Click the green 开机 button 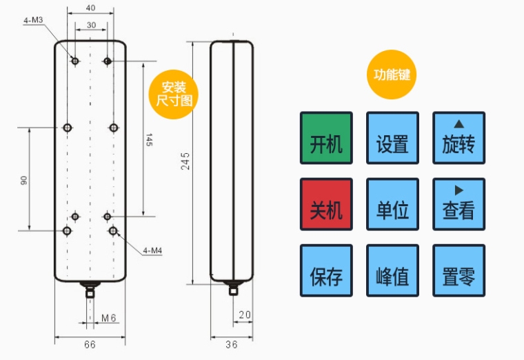point(326,138)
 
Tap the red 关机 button point(326,204)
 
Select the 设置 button point(392,138)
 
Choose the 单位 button point(392,204)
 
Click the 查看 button point(458,204)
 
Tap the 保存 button point(326,270)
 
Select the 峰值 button point(392,270)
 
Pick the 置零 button point(458,270)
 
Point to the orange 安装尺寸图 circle point(173,94)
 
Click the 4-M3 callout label point(33,21)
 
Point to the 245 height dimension point(185,160)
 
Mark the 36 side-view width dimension point(232,344)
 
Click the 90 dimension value point(23,179)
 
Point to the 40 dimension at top point(91,8)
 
